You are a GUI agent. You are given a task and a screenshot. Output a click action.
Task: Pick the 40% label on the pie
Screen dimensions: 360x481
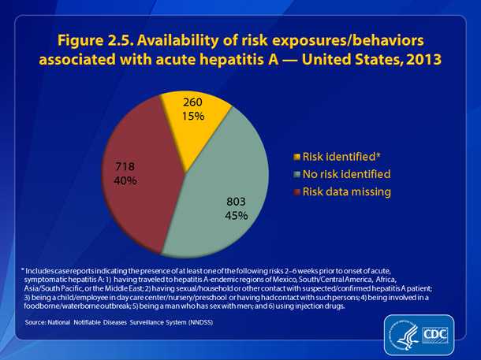coord(125,180)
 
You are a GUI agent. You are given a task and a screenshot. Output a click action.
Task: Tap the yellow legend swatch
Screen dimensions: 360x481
coord(296,157)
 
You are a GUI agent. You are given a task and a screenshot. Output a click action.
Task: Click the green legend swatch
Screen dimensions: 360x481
coord(296,174)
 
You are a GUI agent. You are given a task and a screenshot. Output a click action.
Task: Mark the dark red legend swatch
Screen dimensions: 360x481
coord(296,191)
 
